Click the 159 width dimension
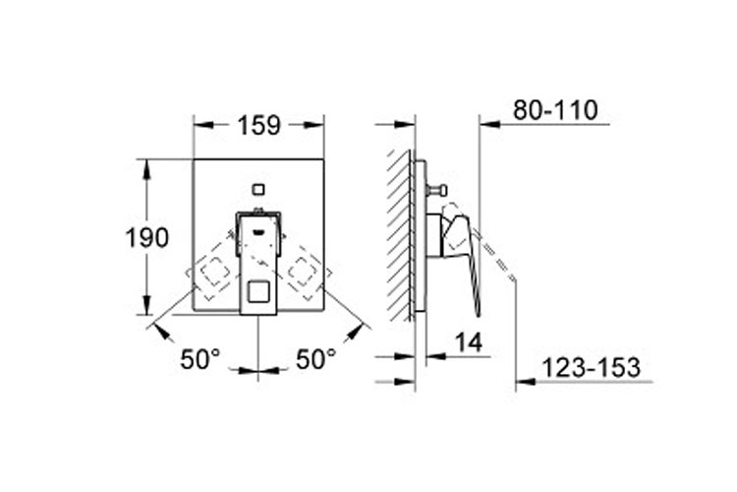259,125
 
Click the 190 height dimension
146,238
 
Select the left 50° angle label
199,360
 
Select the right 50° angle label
315,360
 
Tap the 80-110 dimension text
555,110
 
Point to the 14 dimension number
469,342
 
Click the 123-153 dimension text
592,367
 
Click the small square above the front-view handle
258,190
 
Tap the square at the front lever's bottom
257,291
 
